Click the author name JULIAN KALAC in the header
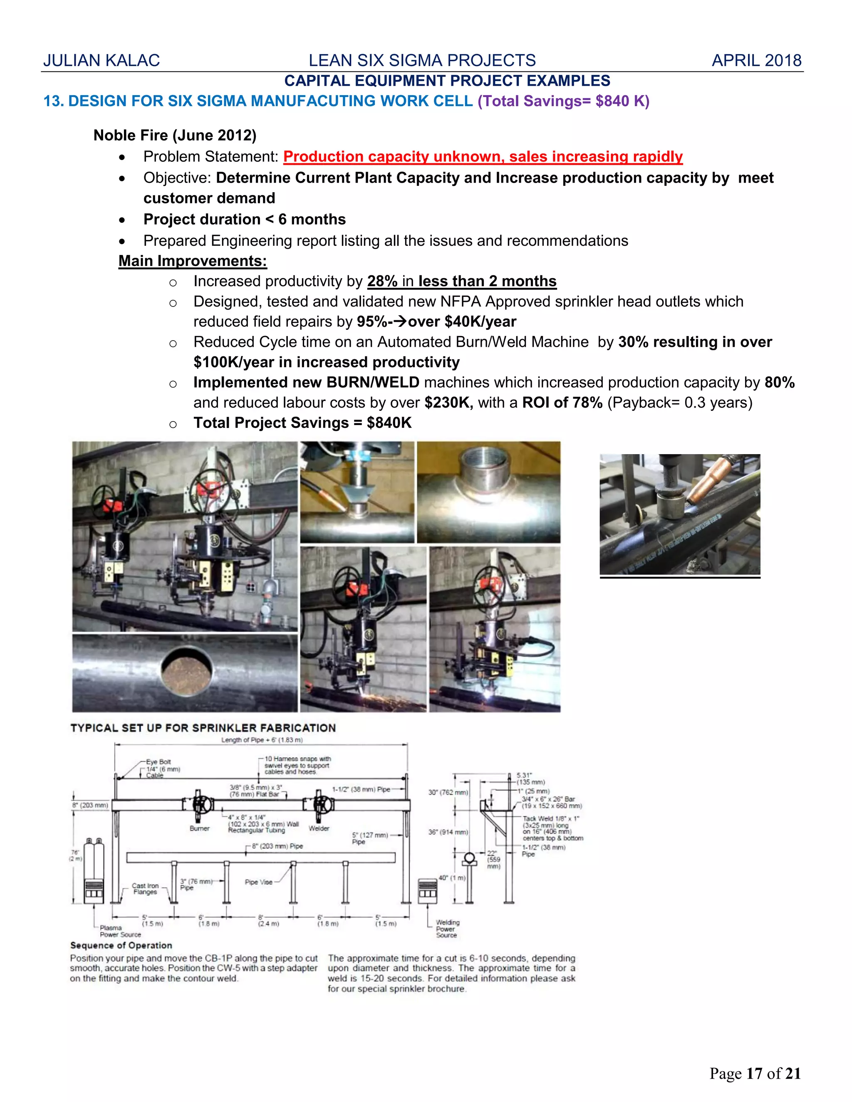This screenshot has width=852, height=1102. point(102,61)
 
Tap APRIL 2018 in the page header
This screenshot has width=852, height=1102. point(756,61)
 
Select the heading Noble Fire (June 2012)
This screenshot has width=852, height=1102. point(175,135)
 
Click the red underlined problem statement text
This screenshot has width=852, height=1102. point(483,157)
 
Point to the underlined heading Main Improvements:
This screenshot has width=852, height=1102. point(192,261)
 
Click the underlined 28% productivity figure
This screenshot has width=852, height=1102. point(382,281)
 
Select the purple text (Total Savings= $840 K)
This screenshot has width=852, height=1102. point(563,101)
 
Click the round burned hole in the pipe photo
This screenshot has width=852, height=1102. point(186,669)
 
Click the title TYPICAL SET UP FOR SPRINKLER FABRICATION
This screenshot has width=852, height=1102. point(203,728)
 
